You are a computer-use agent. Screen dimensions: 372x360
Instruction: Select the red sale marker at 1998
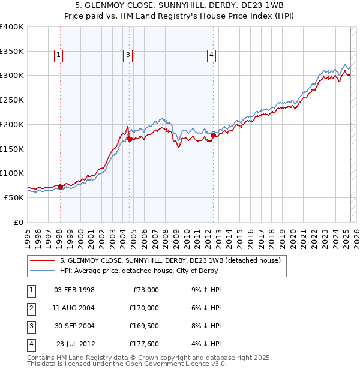(x=59, y=187)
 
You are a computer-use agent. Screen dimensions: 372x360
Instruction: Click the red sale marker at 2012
(x=213, y=136)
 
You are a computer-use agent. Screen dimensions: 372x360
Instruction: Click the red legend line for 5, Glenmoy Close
(x=43, y=261)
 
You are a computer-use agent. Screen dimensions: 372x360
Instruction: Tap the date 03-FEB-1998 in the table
(x=74, y=289)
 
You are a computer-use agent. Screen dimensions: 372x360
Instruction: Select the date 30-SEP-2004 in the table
(x=74, y=326)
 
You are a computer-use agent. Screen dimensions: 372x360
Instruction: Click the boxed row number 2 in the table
(x=31, y=308)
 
